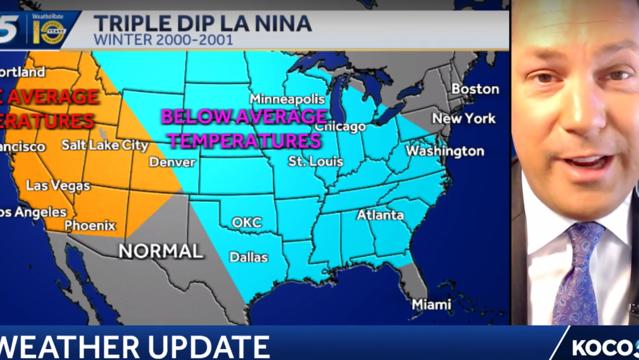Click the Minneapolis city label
287,100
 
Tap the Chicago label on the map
340,127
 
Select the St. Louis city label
315,161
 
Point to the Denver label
173,161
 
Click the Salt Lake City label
97,145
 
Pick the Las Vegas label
58,186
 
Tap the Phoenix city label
90,225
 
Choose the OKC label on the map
247,222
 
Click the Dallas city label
249,257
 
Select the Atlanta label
380,215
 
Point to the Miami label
431,305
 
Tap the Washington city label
445,151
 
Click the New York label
463,118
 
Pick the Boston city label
475,89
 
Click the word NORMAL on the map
160,251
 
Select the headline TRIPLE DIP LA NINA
202,23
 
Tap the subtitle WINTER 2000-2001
163,40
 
